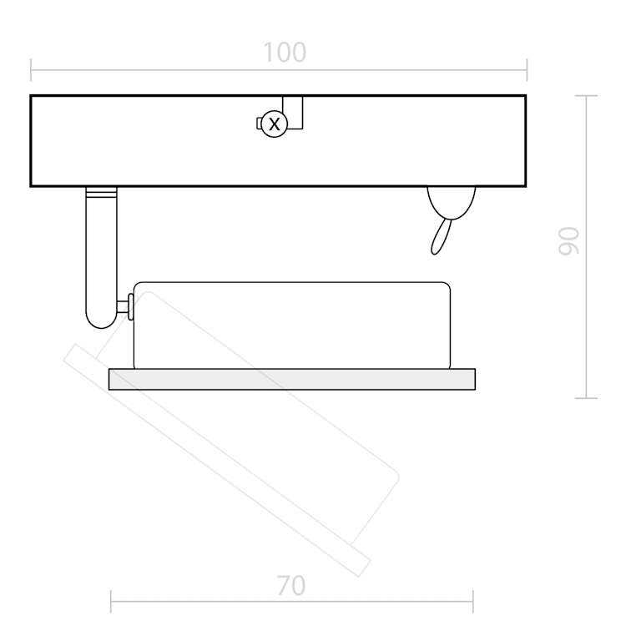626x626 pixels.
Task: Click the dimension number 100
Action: [x=285, y=53]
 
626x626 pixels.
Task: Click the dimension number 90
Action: [x=568, y=240]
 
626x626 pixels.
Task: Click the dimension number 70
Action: [x=291, y=586]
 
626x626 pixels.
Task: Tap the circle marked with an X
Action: [x=275, y=124]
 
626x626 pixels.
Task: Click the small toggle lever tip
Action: [x=434, y=251]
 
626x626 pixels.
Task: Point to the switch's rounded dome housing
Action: [x=451, y=202]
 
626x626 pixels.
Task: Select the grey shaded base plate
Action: [x=292, y=379]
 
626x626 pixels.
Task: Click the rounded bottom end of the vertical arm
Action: [x=101, y=322]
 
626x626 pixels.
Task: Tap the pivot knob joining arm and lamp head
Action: [x=130, y=306]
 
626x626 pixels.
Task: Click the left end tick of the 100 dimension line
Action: [x=31, y=70]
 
